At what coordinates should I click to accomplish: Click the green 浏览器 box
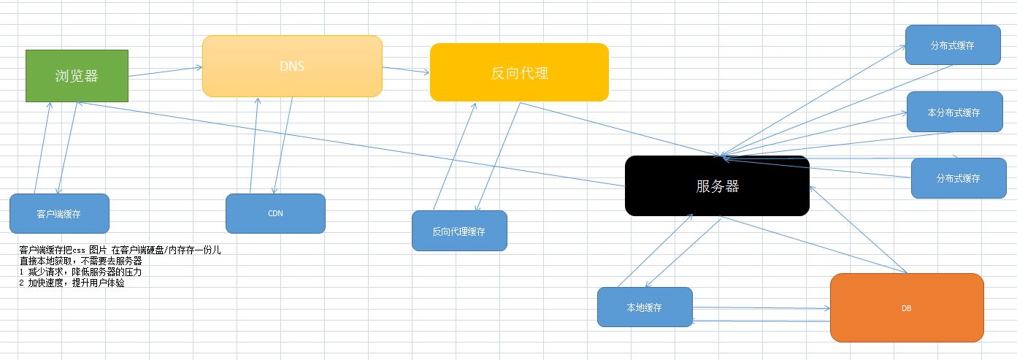pos(77,75)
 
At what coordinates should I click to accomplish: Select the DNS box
pos(292,66)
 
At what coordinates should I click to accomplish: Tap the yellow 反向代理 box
pos(519,72)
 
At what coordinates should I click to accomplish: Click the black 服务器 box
pos(717,186)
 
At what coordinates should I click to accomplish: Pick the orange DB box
pos(906,308)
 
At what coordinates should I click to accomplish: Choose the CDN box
pos(275,213)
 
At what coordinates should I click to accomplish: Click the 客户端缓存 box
pos(59,214)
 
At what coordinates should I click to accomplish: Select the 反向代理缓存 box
pos(459,231)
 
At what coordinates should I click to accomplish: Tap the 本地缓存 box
pos(645,307)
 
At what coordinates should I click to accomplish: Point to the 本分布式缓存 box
pos(954,112)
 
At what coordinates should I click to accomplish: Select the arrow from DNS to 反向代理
pos(406,70)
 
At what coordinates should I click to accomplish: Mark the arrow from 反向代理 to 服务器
pos(621,129)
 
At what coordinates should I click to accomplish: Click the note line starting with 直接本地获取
pos(80,261)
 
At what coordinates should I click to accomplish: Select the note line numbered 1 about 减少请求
pos(80,272)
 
